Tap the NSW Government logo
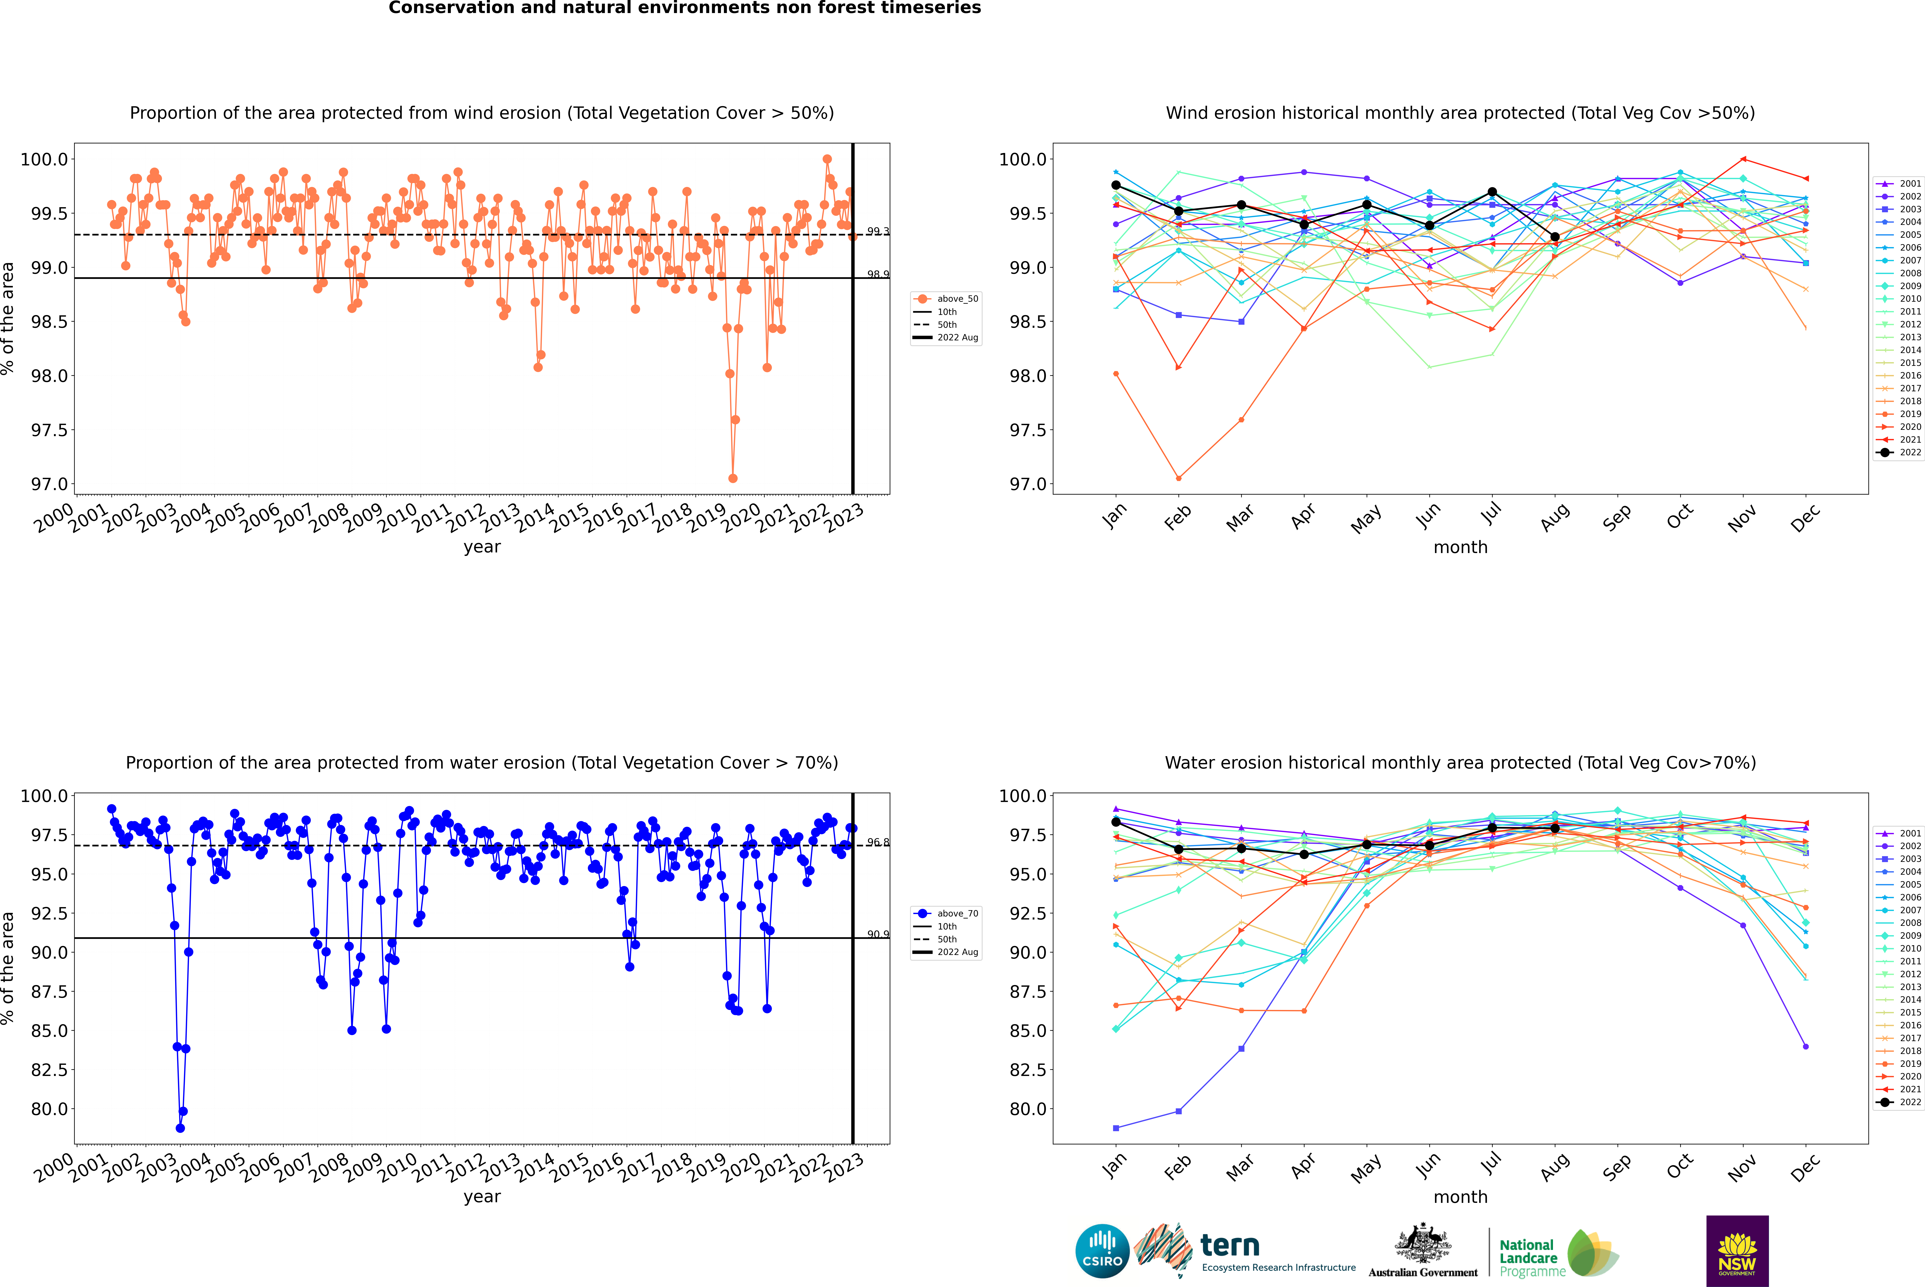pos(1737,1251)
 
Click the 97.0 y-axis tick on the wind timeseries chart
pos(49,484)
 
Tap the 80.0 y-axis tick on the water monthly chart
pos(1027,1109)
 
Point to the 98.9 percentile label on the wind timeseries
pos(878,274)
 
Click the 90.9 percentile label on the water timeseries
pos(878,934)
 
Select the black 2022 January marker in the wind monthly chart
pos(1116,186)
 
